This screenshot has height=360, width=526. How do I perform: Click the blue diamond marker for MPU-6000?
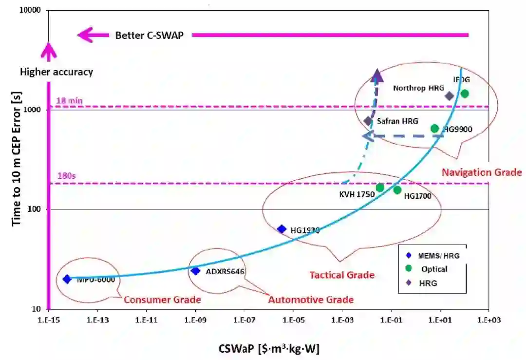(67, 279)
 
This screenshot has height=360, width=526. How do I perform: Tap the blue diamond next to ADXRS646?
(195, 271)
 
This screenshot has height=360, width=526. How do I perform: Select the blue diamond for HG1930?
(282, 229)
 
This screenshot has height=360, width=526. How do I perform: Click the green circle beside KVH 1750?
(380, 188)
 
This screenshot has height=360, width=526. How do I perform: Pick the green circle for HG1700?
(397, 190)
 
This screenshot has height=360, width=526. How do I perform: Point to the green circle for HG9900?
(435, 129)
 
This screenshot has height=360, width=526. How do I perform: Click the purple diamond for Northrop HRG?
(450, 96)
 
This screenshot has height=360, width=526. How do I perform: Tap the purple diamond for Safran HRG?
(368, 121)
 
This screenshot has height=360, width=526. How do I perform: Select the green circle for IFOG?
(465, 94)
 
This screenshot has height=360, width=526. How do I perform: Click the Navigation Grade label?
(482, 172)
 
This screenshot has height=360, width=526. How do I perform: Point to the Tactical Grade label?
(342, 275)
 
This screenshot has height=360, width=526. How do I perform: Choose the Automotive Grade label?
(311, 300)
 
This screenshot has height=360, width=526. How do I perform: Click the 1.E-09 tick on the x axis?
(195, 320)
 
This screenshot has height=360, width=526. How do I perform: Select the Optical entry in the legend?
(434, 269)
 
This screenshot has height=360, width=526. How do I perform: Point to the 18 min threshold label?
(69, 101)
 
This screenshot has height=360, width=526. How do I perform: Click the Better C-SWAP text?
(149, 35)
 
